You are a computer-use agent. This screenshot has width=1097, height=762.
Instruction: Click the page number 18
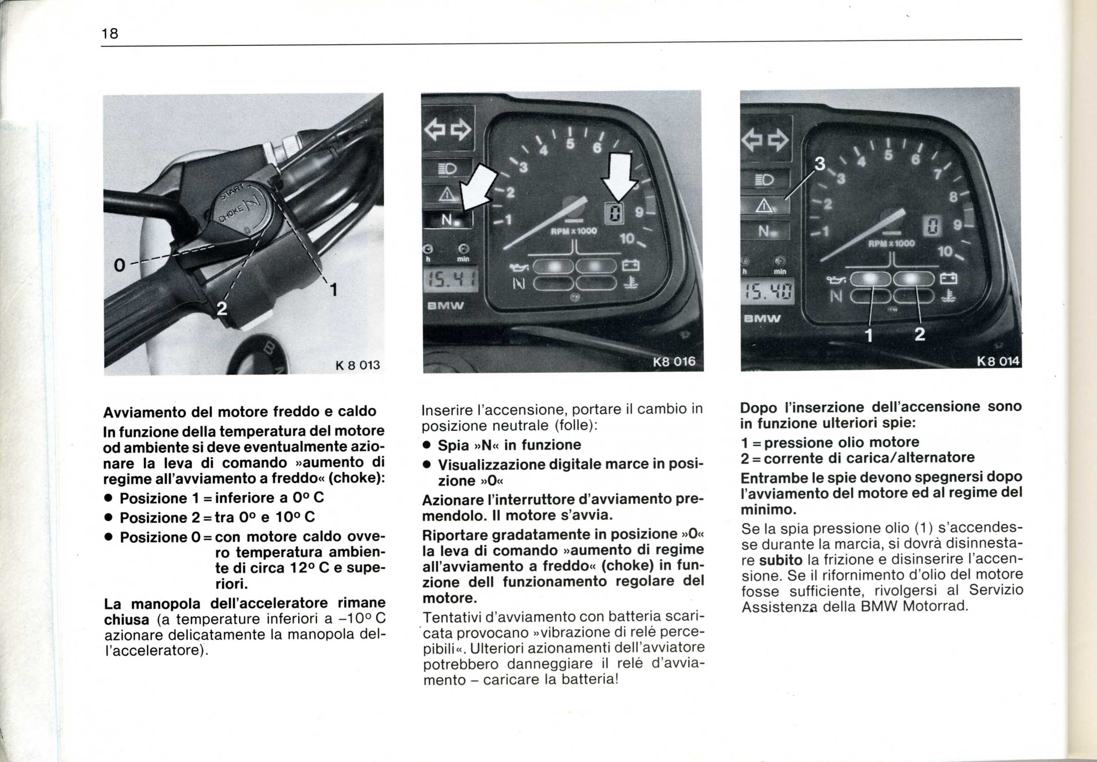point(110,33)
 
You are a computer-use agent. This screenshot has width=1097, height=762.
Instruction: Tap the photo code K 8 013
point(358,365)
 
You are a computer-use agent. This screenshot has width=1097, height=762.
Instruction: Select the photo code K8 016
point(674,362)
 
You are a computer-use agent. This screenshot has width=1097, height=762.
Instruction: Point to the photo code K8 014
point(998,362)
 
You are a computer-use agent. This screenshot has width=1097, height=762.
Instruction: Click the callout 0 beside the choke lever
point(119,265)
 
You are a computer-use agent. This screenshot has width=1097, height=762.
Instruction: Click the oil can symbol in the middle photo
point(520,265)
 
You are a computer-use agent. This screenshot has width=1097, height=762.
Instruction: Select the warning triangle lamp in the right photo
point(764,205)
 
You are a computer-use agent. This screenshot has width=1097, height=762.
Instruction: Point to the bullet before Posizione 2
point(109,518)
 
